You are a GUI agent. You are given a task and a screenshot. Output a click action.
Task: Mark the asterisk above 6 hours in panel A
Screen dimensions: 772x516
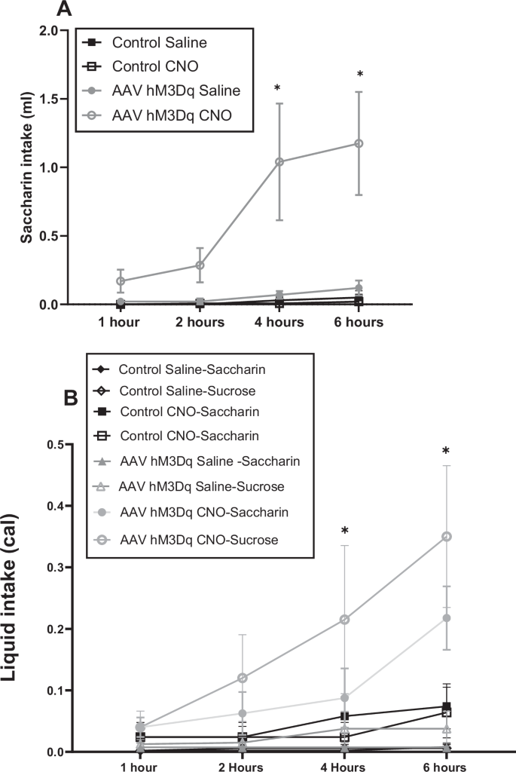pyautogui.click(x=360, y=75)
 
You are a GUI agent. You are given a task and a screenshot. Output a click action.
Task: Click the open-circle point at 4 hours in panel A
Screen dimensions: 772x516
pyautogui.click(x=280, y=161)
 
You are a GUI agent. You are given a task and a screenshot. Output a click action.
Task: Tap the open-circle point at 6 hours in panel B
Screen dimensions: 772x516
pyautogui.click(x=447, y=536)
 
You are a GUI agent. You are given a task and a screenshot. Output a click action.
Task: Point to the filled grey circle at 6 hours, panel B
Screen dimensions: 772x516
pyautogui.click(x=447, y=618)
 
